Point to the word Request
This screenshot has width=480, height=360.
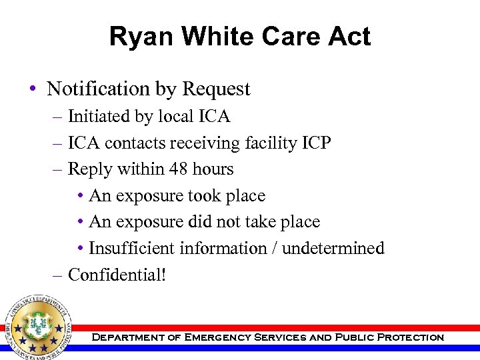pos(216,89)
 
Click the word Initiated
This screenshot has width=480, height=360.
pos(99,117)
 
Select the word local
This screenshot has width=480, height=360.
pos(176,117)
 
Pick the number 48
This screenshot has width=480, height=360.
pos(179,169)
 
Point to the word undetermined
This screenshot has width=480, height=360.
pos(333,248)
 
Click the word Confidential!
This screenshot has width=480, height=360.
pos(117,274)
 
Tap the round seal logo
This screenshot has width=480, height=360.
pos(38,325)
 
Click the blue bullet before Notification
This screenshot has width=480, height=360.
pos(33,89)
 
